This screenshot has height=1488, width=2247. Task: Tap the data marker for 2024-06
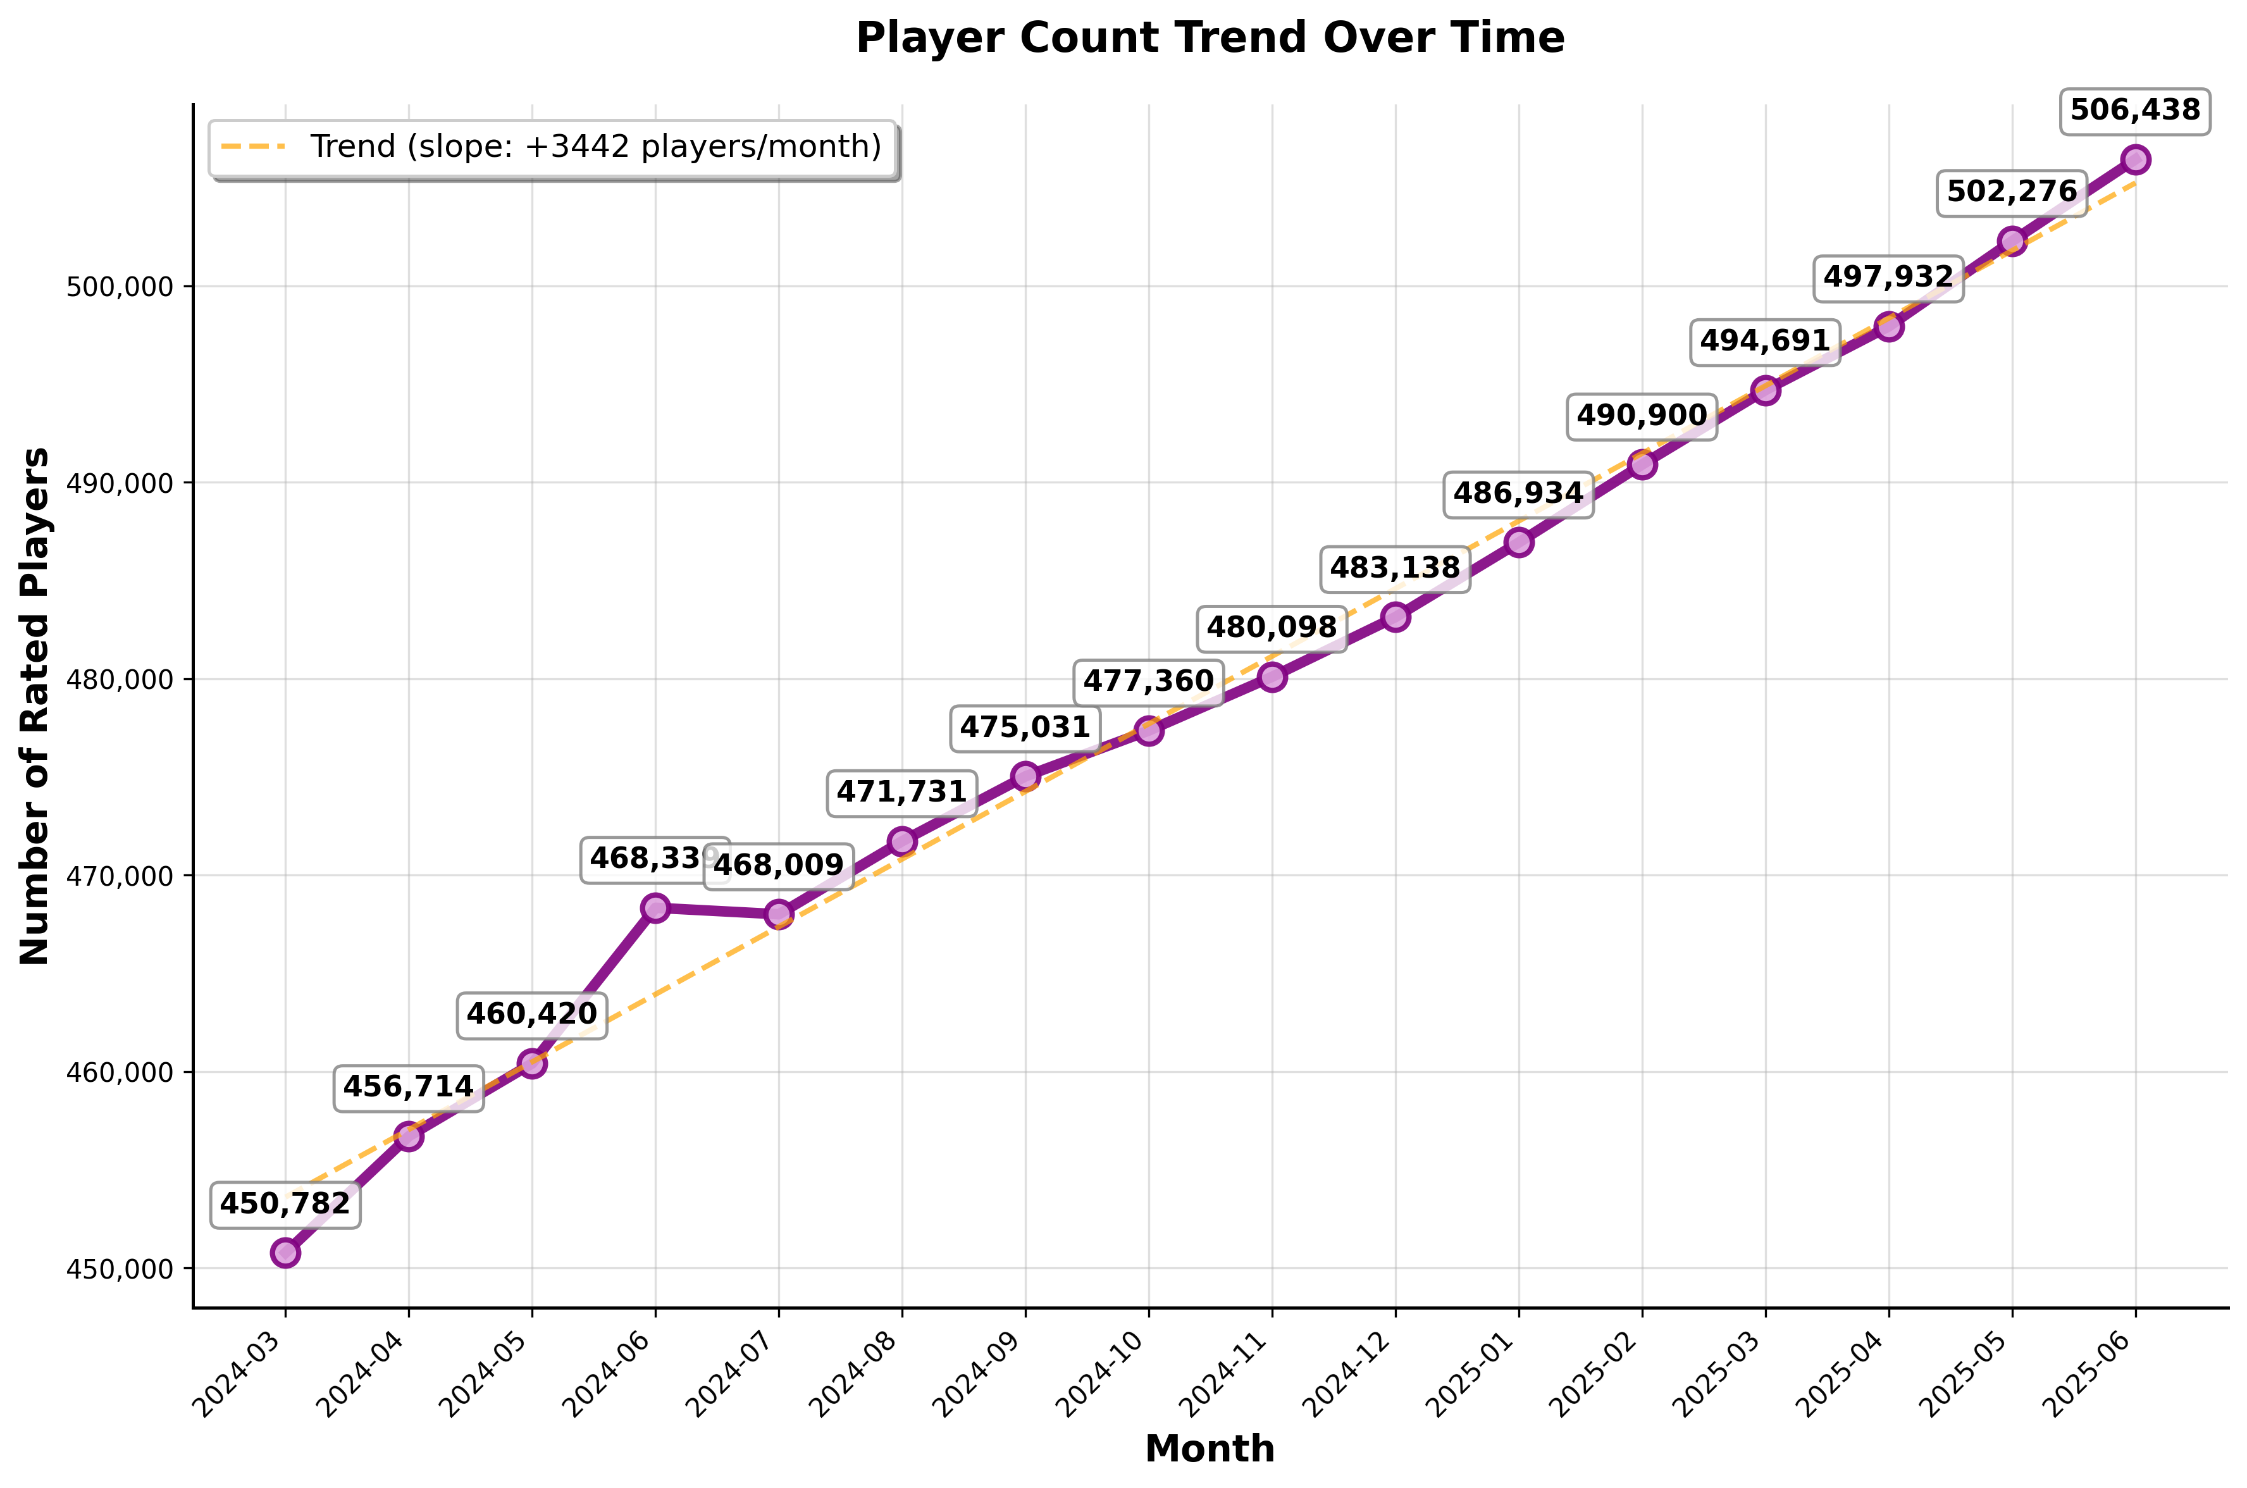click(x=655, y=908)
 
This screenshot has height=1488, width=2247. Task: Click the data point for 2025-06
click(x=2135, y=159)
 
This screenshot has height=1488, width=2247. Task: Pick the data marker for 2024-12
click(x=1396, y=617)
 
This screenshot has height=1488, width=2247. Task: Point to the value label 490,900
click(x=1642, y=416)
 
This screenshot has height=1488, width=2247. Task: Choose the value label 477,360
click(x=1148, y=681)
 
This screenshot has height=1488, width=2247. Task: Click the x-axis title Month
click(x=1210, y=1449)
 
